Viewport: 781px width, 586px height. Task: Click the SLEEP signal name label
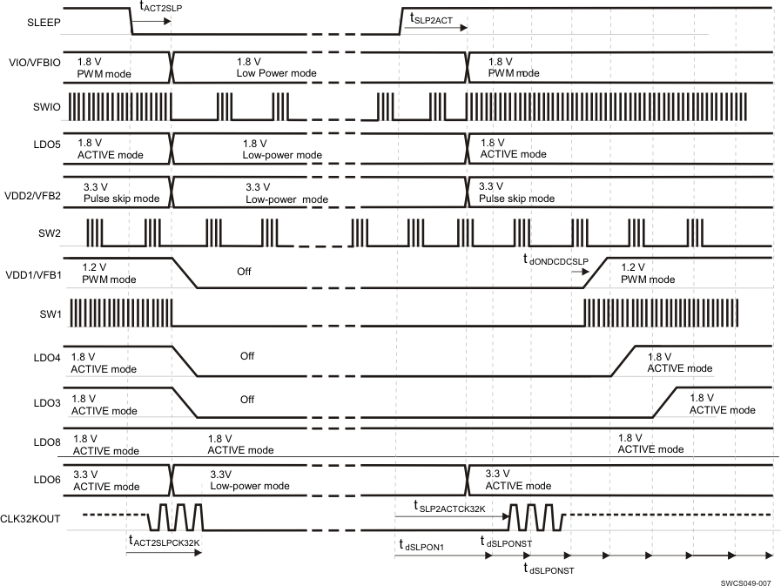click(44, 23)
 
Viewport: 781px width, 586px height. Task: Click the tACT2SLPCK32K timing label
click(169, 542)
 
